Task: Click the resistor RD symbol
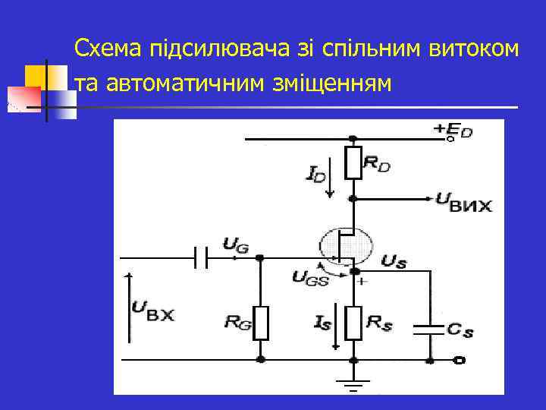pyautogui.click(x=353, y=162)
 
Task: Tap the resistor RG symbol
pyautogui.click(x=261, y=323)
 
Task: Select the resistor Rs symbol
pyautogui.click(x=353, y=323)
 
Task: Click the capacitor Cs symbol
pyautogui.click(x=428, y=330)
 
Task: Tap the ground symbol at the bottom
pyautogui.click(x=353, y=383)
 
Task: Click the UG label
pyautogui.click(x=235, y=244)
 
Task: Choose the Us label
pyautogui.click(x=394, y=263)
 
